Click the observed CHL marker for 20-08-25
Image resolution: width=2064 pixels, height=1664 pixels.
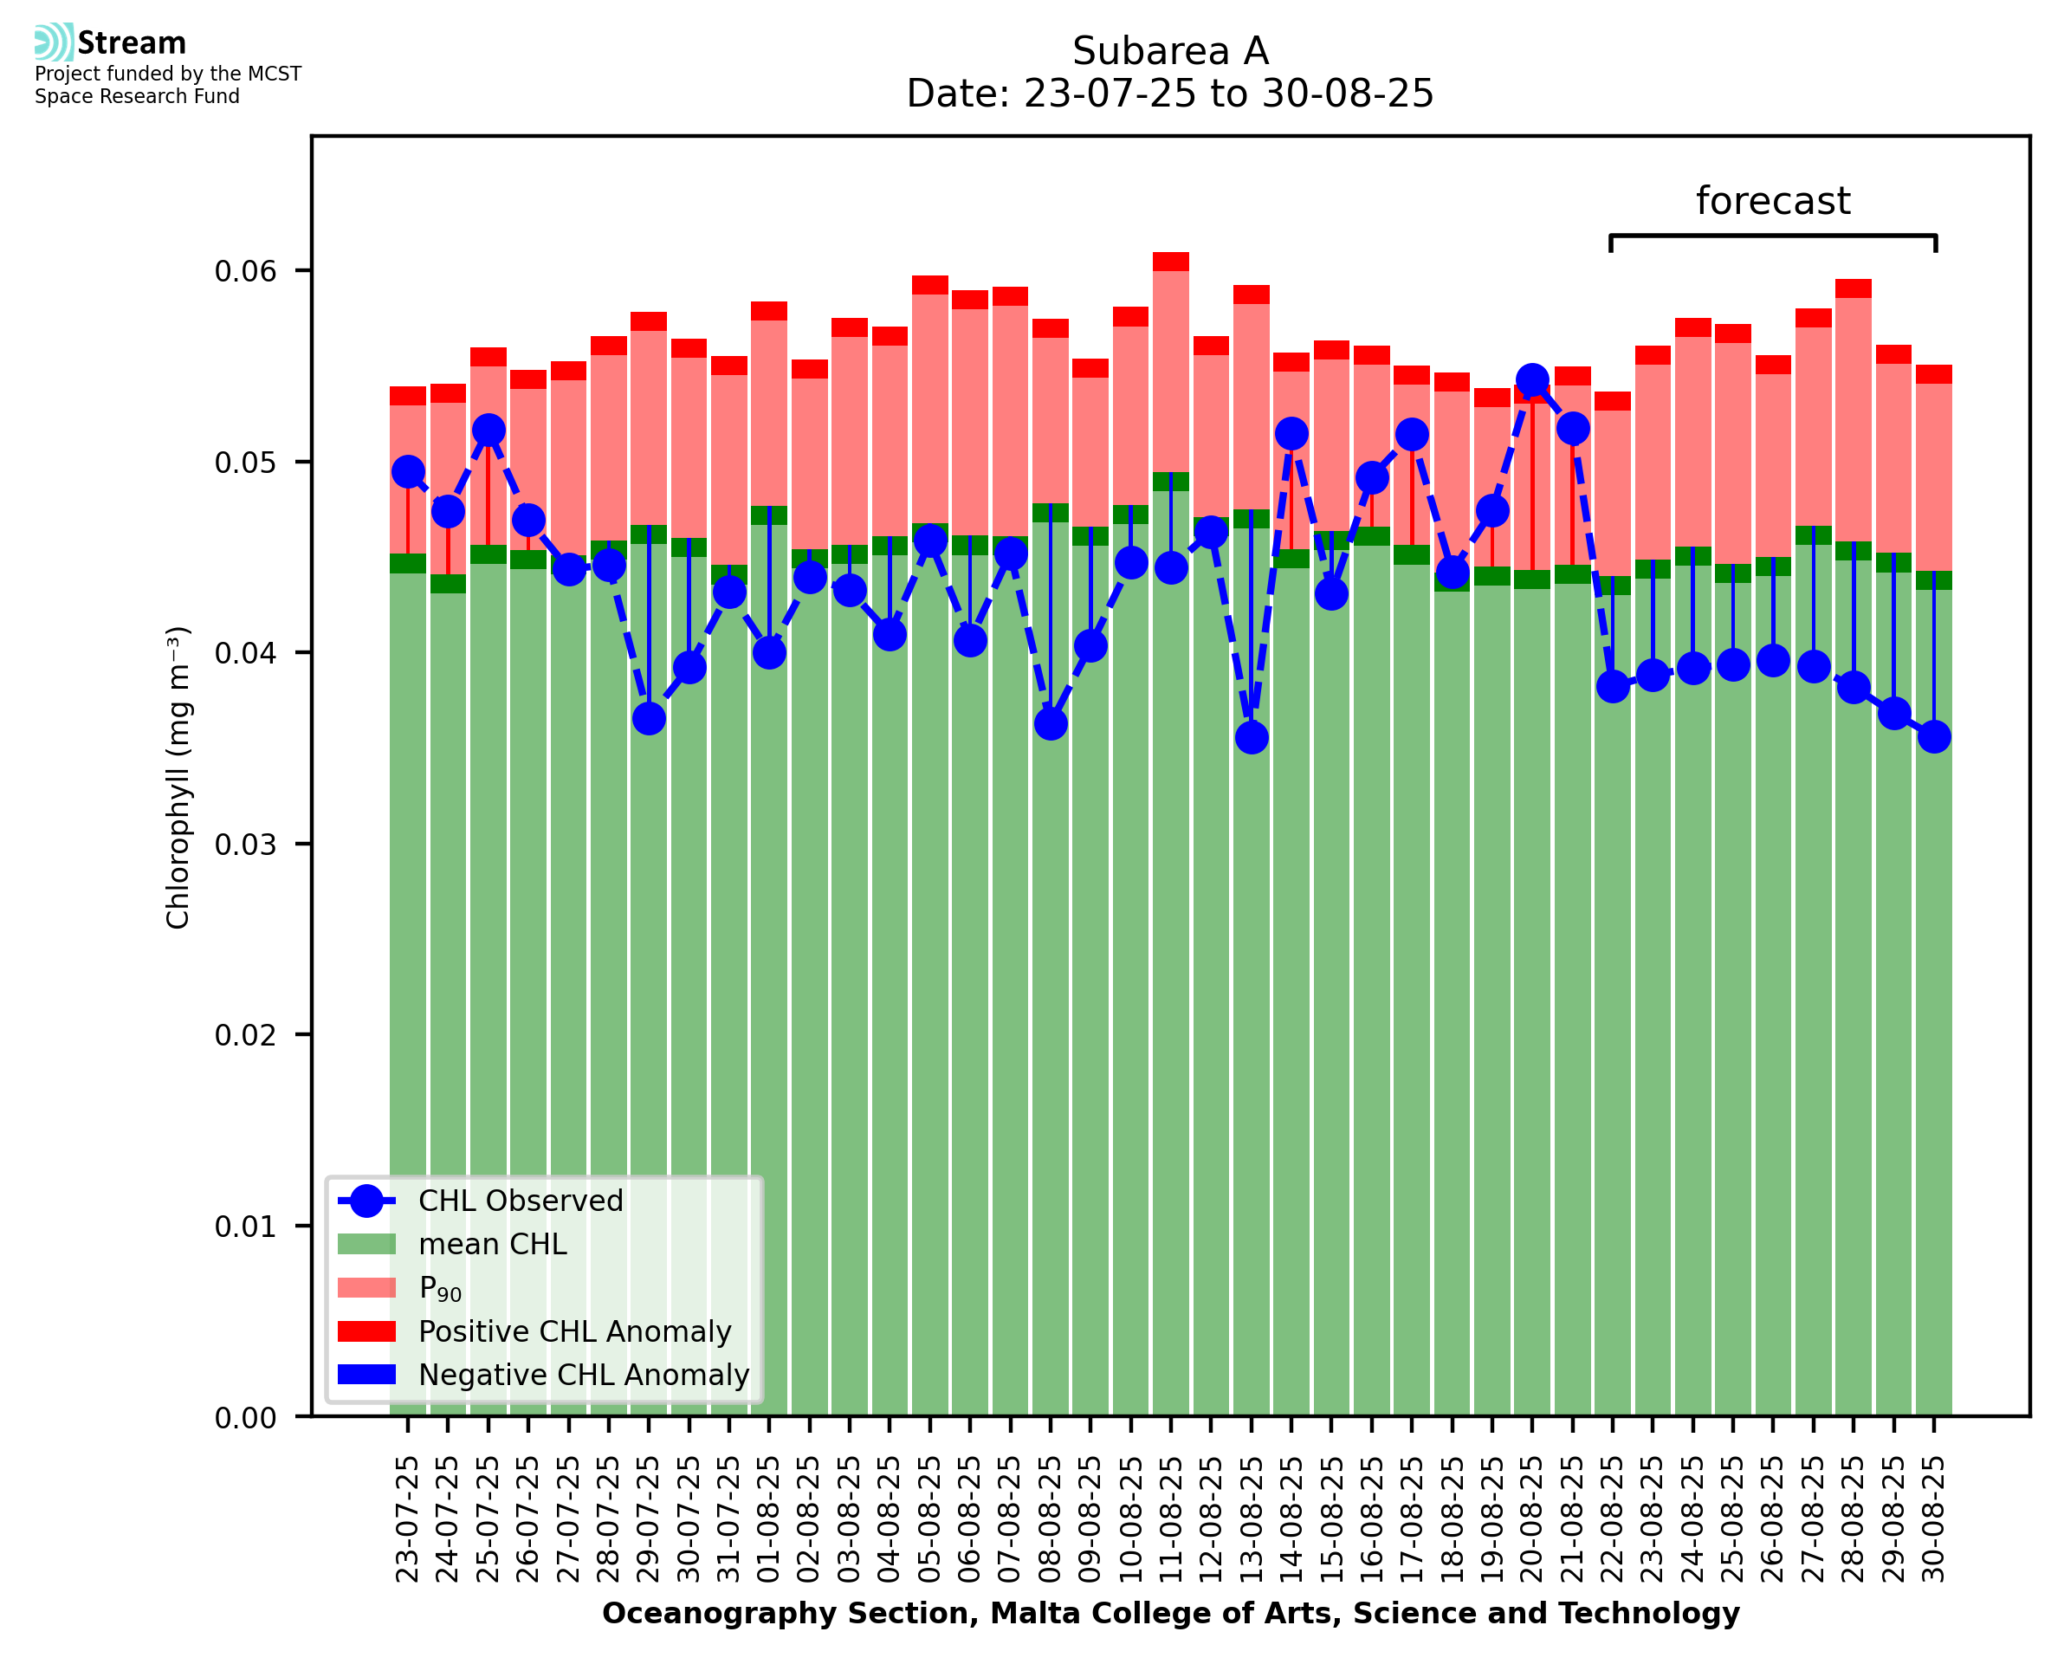(1531, 380)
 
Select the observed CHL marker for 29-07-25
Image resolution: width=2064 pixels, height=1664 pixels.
(649, 718)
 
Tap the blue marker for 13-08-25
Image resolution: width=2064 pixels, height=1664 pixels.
(1252, 737)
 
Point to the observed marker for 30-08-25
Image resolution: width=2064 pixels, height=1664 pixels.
(1934, 736)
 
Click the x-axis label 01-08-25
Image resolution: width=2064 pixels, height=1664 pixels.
(769, 1519)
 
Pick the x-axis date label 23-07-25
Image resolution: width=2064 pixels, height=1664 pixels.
(408, 1519)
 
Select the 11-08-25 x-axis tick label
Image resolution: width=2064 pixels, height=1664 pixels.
(1171, 1519)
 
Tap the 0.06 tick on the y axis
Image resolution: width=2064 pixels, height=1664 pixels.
(245, 271)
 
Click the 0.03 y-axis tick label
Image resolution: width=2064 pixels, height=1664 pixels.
(245, 845)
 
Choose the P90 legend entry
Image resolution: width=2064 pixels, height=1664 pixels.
(440, 1288)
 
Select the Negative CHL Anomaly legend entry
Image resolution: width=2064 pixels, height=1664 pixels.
(583, 1375)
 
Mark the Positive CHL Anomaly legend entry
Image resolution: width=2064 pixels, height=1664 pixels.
(574, 1331)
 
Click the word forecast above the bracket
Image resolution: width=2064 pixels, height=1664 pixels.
(1773, 201)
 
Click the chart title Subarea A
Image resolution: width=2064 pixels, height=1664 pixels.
(1170, 51)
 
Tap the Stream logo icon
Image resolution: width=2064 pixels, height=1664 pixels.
(54, 42)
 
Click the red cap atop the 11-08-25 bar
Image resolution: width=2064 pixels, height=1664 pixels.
(1171, 262)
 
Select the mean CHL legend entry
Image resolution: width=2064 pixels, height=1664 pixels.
(493, 1244)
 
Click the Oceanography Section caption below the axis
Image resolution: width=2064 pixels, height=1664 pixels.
(1170, 1613)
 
